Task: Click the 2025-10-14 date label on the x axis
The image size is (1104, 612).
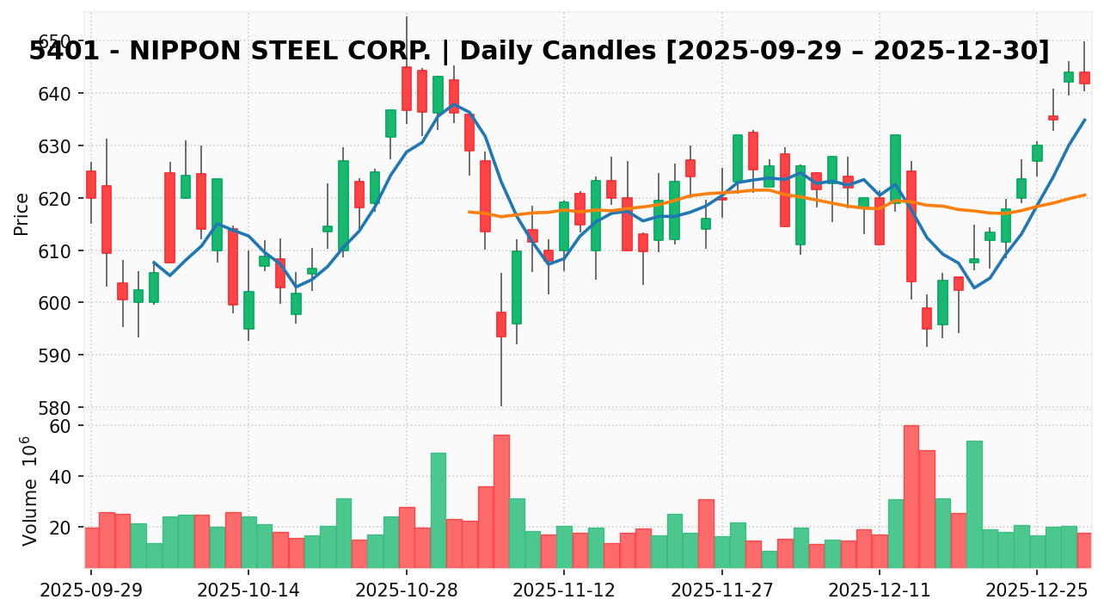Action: coord(248,592)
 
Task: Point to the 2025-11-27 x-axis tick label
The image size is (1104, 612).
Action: coord(722,592)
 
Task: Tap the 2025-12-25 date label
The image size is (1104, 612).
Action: coord(1037,592)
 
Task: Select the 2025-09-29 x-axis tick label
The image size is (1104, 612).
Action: coord(91,592)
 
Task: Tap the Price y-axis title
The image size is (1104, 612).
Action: coord(21,213)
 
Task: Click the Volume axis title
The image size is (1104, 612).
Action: coord(30,491)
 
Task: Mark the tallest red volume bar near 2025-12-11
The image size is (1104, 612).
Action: coord(911,496)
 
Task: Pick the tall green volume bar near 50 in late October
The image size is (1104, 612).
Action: coord(439,510)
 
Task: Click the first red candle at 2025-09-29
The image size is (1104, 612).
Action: coord(91,184)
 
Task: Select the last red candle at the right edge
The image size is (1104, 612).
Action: coord(1084,77)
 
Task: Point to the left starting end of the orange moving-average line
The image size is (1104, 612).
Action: coord(469,212)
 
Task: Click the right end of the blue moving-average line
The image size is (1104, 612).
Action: coord(1084,120)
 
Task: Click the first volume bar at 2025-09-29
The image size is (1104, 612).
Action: coord(91,547)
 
